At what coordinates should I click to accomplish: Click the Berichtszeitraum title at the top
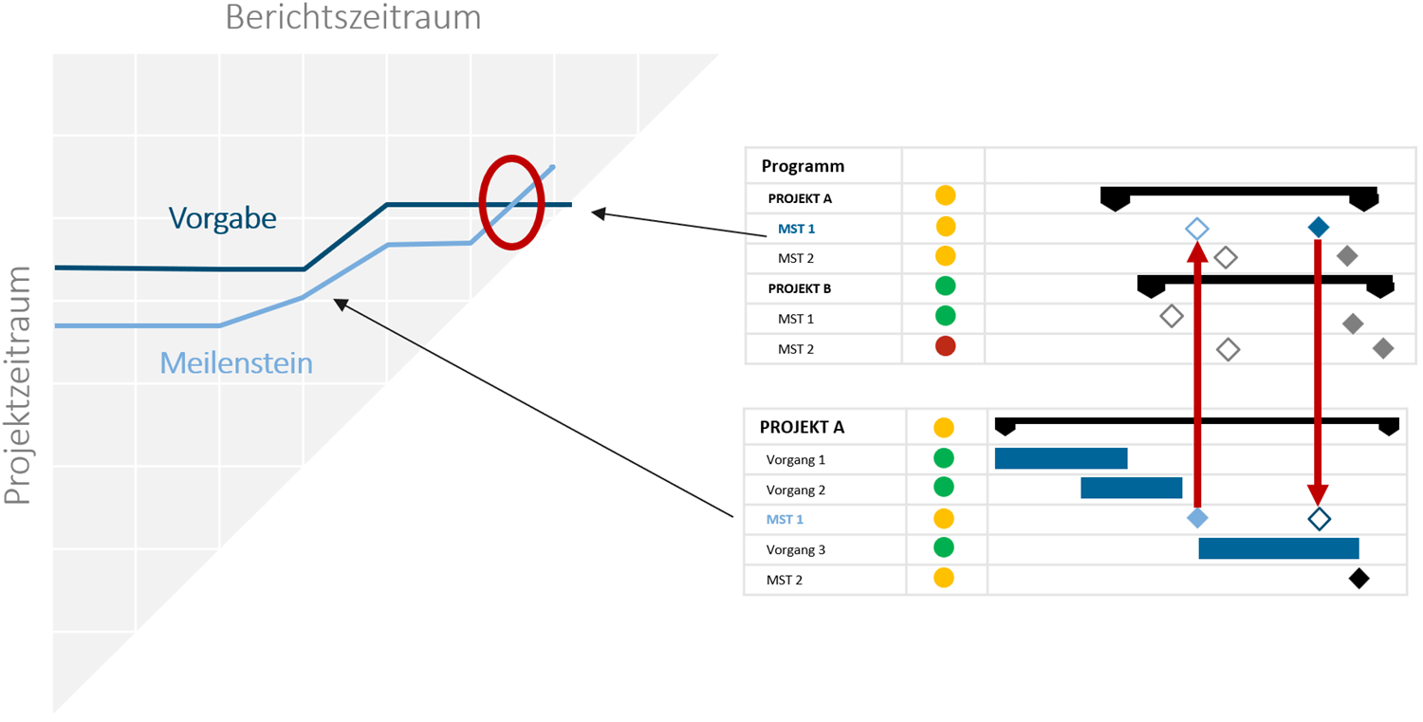pos(353,17)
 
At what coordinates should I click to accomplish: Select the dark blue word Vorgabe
pos(223,218)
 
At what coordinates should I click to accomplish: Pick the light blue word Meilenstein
pos(236,362)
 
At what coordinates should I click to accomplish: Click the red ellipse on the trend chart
pos(511,202)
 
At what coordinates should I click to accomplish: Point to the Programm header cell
pos(803,166)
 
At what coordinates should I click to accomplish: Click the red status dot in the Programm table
pos(945,346)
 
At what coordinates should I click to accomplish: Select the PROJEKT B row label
pos(800,287)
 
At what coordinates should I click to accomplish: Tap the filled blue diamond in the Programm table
pos(1318,227)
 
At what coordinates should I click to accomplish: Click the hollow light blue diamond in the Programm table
pos(1197,228)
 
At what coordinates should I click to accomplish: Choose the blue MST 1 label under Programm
pos(796,229)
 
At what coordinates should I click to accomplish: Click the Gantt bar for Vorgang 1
pos(1061,459)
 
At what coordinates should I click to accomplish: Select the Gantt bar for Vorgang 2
pos(1131,489)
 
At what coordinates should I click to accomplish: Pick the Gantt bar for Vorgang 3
pos(1278,548)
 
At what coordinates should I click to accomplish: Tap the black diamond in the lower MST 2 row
pos(1358,579)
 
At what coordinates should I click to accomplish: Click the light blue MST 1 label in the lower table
pos(785,519)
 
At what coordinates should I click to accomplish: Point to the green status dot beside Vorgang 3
pos(943,547)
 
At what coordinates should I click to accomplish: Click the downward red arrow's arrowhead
pos(1318,494)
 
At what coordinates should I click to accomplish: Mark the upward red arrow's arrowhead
pos(1197,251)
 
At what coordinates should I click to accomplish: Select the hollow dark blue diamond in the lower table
pos(1319,518)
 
